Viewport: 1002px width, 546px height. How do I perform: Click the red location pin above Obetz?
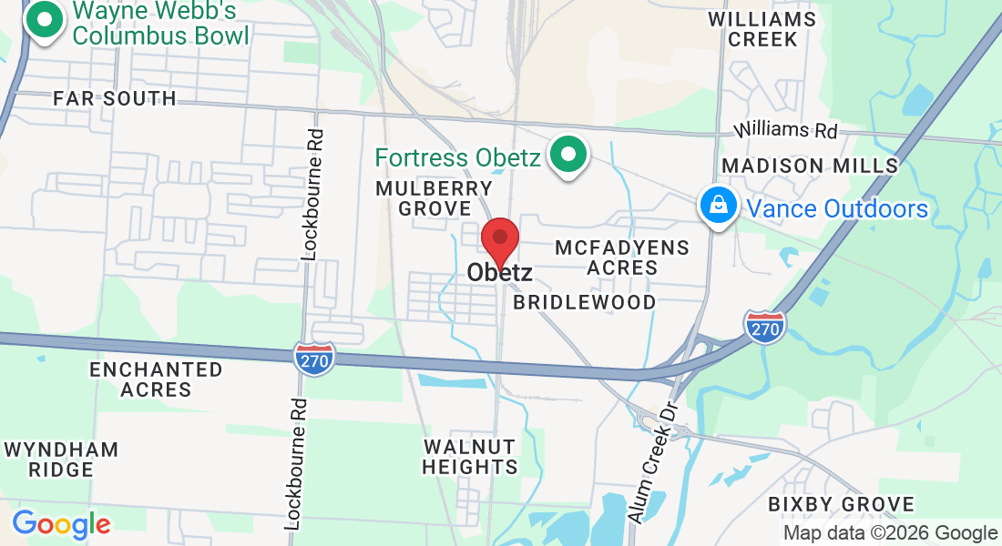(500, 240)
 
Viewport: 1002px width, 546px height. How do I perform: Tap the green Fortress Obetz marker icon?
(570, 156)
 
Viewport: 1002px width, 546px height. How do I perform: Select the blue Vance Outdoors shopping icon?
(719, 207)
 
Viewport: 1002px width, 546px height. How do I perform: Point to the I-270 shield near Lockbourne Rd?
(315, 357)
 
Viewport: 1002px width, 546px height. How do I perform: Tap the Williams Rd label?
(787, 129)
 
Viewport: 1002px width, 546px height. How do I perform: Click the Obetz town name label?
(499, 272)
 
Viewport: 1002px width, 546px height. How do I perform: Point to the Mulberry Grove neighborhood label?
(435, 198)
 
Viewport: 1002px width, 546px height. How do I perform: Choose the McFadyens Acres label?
(622, 258)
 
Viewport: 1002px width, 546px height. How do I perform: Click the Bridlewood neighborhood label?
(584, 302)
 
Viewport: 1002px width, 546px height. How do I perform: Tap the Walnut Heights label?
(470, 457)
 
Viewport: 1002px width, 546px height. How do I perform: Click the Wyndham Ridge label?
(61, 460)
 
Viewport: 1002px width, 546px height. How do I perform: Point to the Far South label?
(114, 98)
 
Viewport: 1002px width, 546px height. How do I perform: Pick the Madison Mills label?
(810, 166)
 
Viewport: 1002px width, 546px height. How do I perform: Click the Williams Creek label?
(762, 29)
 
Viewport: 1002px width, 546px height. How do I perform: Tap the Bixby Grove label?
(840, 504)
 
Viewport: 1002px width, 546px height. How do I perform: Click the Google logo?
(61, 524)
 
